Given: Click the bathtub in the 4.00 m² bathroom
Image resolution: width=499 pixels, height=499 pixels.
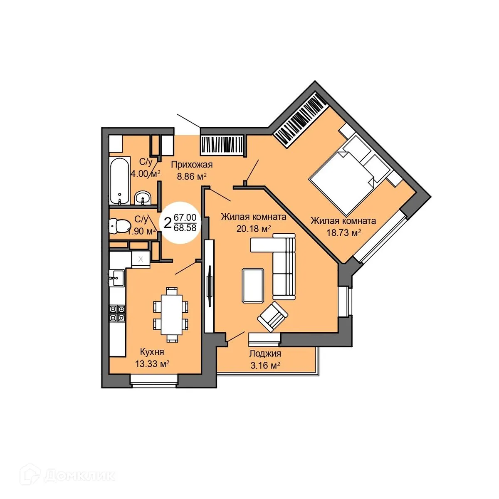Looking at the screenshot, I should pos(119,181).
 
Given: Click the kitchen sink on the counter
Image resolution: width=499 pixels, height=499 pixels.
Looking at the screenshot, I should pos(117,278).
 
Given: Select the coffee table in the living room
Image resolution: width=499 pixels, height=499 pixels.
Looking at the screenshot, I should pos(253,285).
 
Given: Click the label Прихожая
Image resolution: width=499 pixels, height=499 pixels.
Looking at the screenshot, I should pos(192,165).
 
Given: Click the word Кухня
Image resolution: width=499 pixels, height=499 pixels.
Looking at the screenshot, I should pos(152,352).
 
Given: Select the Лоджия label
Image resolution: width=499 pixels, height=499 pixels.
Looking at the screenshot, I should pos(265,354).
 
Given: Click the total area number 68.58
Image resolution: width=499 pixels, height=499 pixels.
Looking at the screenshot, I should pos(185,228).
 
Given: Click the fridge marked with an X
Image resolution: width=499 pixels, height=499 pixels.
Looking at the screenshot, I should pos(141,259).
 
